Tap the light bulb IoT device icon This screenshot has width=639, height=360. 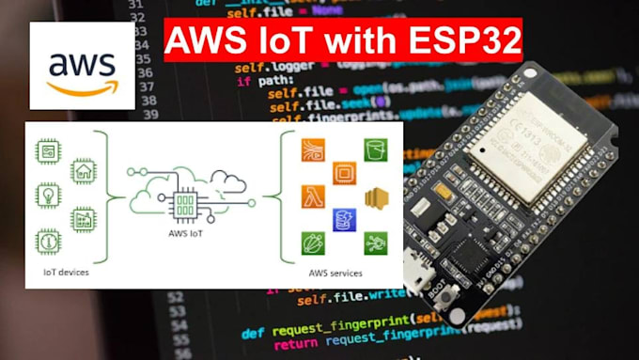(x=47, y=195)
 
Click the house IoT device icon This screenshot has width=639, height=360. (x=84, y=170)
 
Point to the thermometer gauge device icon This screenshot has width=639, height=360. (x=47, y=240)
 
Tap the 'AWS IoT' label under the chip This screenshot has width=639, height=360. (x=186, y=232)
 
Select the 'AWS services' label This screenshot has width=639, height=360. (x=335, y=273)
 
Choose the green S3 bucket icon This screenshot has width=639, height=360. (x=376, y=149)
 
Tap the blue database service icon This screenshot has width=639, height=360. (x=344, y=220)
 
